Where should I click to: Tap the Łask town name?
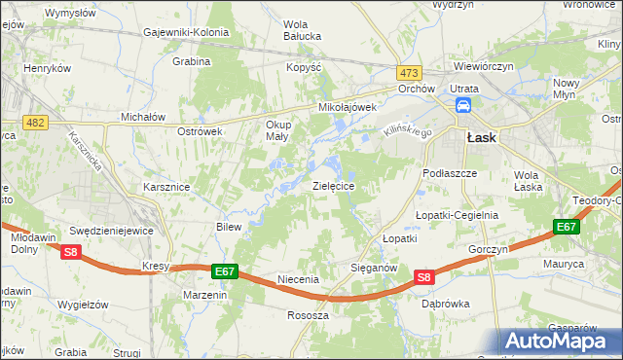pyautogui.click(x=482, y=138)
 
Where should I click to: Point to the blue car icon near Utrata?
pyautogui.click(x=464, y=106)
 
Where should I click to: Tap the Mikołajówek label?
pyautogui.click(x=342, y=108)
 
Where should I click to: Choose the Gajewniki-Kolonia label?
pyautogui.click(x=186, y=32)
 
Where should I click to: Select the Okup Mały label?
pyautogui.click(x=279, y=130)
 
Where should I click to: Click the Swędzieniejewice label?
pyautogui.click(x=111, y=231)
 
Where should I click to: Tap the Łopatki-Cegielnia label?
pyautogui.click(x=457, y=215)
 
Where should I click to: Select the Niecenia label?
pyautogui.click(x=299, y=279)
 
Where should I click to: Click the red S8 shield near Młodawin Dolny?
pyautogui.click(x=70, y=253)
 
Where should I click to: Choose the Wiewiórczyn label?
pyautogui.click(x=484, y=67)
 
